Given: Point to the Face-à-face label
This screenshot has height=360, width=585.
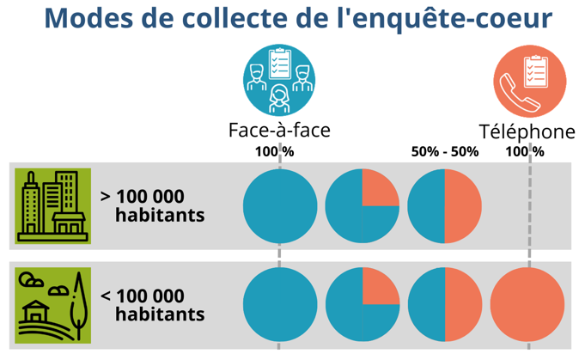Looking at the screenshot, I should [279, 130].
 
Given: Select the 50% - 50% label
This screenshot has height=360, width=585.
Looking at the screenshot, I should [444, 151].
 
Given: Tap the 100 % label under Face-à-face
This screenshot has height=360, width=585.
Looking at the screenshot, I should [274, 151].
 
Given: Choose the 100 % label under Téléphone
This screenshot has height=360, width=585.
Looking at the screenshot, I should [524, 151].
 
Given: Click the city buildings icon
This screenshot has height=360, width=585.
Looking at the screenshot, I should [53, 206].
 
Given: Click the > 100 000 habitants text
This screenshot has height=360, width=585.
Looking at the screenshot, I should [153, 205].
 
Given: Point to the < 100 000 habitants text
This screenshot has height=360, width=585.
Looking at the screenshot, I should [153, 305].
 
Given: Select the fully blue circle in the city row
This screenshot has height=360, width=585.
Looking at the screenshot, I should [279, 207].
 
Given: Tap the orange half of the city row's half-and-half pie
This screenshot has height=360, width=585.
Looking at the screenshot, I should [462, 207].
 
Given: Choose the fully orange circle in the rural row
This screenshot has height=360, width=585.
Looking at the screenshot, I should [527, 305].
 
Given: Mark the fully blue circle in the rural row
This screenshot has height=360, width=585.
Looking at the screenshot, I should [279, 305].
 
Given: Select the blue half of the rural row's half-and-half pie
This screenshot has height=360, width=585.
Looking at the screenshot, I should [426, 305].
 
